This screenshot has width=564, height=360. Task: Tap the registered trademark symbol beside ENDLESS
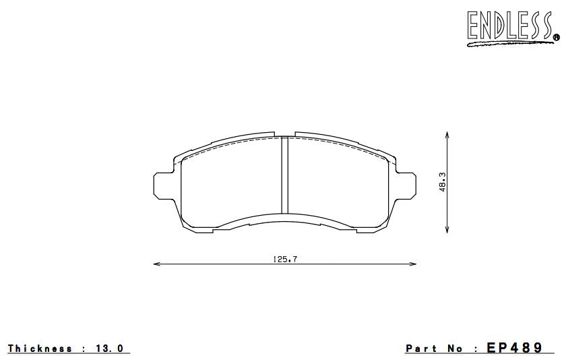[556, 37]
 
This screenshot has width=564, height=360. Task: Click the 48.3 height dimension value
[443, 182]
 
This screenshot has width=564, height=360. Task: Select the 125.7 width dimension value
[285, 259]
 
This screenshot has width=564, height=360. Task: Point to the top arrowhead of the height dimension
[447, 134]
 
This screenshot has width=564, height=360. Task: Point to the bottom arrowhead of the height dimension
[447, 230]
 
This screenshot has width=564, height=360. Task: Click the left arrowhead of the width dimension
[157, 264]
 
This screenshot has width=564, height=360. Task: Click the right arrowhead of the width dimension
[413, 264]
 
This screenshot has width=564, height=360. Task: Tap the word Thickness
[40, 349]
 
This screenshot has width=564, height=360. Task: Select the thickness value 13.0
[110, 349]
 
